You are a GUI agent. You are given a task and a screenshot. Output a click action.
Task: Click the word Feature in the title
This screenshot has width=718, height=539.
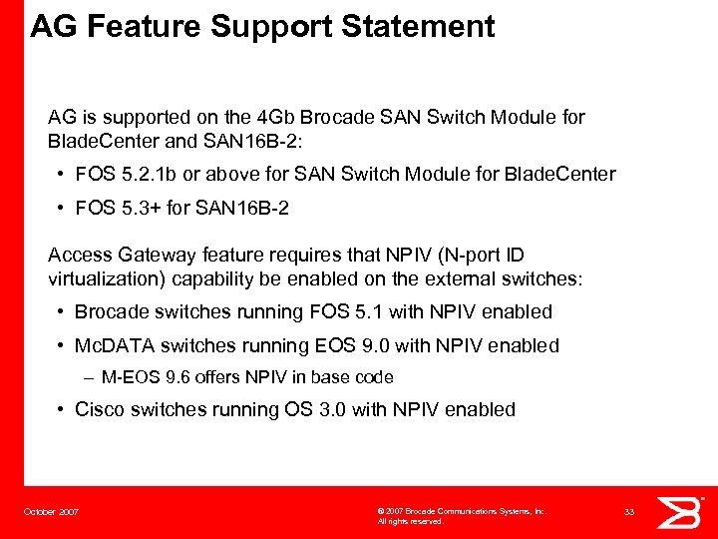pos(146,26)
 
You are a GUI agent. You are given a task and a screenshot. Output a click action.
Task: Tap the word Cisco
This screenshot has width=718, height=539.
pos(101,409)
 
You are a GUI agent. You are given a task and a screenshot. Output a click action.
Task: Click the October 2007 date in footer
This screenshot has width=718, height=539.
pos(52,512)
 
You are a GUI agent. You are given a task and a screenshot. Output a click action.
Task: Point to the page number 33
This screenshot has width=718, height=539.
pos(629,511)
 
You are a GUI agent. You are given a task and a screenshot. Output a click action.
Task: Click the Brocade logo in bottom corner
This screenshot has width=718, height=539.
pos(681,511)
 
